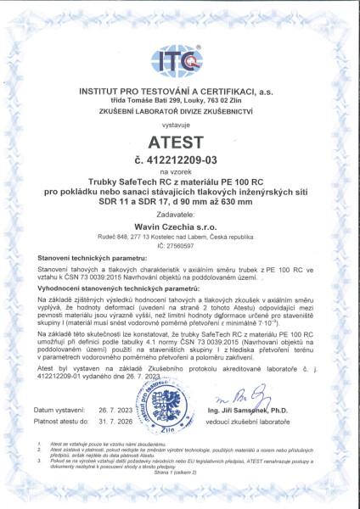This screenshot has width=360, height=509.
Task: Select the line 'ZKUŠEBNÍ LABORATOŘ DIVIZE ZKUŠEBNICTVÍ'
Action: click(x=180, y=110)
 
